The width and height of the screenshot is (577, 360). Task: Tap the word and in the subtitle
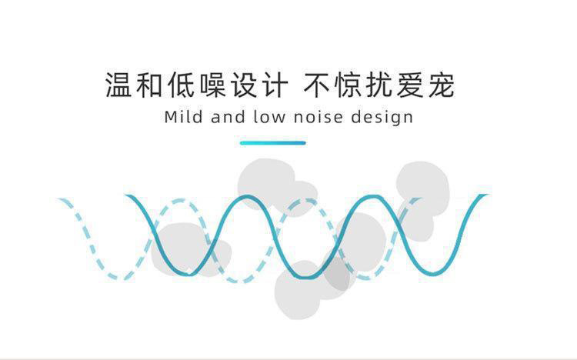click(228, 118)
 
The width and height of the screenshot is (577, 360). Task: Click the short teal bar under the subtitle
click(272, 142)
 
